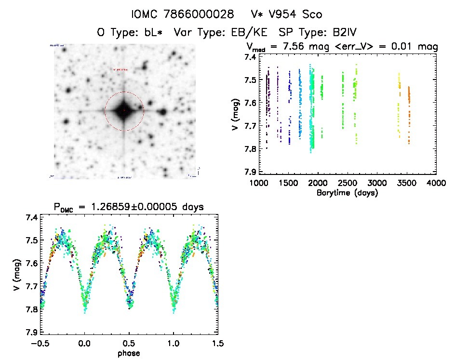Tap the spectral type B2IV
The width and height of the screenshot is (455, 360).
click(341, 33)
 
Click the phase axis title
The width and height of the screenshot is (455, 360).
click(129, 353)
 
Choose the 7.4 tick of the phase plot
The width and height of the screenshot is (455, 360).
click(32, 218)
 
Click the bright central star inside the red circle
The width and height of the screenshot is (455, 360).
click(124, 111)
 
